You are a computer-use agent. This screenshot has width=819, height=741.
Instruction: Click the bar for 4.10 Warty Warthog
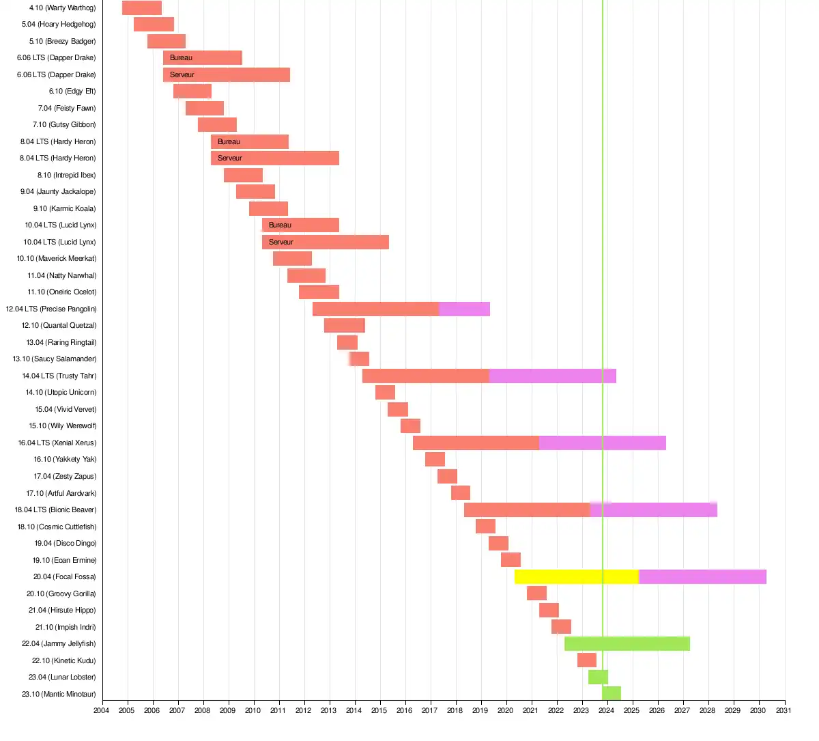(x=142, y=8)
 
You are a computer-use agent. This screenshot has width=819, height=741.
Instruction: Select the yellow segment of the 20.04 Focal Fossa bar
(x=576, y=576)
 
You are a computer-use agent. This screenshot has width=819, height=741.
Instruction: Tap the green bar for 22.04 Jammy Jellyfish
(x=627, y=643)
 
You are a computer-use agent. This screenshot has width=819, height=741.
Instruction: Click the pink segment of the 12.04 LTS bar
(x=464, y=309)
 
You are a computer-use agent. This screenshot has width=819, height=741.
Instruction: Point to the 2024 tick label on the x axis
(x=606, y=710)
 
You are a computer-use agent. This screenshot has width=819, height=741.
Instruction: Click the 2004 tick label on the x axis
(x=101, y=710)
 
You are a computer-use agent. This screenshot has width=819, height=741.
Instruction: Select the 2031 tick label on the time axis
(x=784, y=710)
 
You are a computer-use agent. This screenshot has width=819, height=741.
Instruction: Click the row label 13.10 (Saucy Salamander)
(x=55, y=359)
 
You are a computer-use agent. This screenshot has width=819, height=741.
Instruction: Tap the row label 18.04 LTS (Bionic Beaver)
(x=55, y=509)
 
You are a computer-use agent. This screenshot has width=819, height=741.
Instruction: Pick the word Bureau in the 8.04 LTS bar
(x=229, y=141)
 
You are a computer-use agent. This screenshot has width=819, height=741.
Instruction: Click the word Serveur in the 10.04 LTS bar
(x=281, y=242)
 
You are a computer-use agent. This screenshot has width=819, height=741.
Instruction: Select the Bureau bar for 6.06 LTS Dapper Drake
(x=203, y=58)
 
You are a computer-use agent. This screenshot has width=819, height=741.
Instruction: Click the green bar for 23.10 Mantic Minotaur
(x=612, y=694)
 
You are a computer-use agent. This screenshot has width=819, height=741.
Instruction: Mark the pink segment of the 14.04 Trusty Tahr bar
(x=553, y=376)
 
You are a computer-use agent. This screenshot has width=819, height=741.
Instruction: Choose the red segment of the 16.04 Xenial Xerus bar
(x=476, y=443)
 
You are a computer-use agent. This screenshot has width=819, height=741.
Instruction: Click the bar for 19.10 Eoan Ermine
(x=511, y=560)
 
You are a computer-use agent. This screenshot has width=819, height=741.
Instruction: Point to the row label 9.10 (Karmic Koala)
(x=64, y=208)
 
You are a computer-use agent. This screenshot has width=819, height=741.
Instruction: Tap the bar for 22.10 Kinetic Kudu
(x=587, y=660)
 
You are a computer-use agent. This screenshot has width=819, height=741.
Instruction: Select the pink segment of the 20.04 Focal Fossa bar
(x=702, y=576)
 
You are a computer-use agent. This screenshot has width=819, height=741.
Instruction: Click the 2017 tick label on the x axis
(x=429, y=710)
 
